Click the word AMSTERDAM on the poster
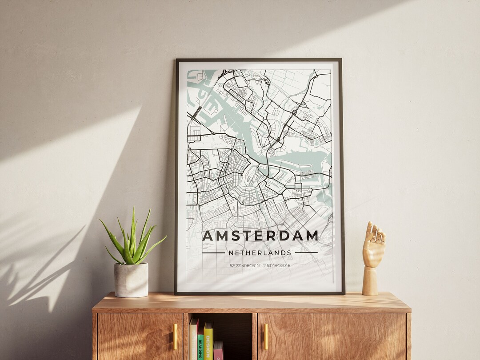260,236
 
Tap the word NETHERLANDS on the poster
260,253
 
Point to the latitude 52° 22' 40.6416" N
245,266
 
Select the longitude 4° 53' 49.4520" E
276,266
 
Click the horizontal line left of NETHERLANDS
213,253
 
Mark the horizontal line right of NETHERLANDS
306,253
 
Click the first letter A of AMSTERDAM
208,236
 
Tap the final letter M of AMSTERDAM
312,236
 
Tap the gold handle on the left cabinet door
175,336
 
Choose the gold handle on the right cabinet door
266,336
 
